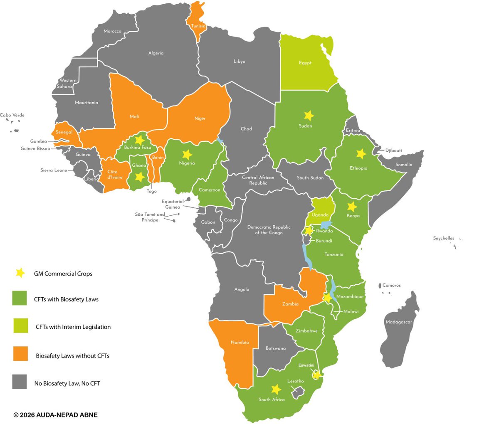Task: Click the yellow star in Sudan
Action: [x=309, y=115]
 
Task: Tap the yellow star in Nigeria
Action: [x=187, y=154]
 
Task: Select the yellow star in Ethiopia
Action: [x=361, y=154]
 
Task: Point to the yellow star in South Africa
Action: [x=276, y=389]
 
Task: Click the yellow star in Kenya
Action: [x=352, y=207]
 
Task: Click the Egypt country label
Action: [x=305, y=63]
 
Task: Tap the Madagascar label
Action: [x=399, y=322]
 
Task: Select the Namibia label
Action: [x=240, y=342]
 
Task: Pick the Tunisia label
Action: [x=198, y=26]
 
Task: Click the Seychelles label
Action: [x=444, y=238]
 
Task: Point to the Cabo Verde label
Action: [x=12, y=115]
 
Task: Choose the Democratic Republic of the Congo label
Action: [x=269, y=230]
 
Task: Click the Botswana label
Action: [x=276, y=348]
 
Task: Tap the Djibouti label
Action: [x=393, y=150]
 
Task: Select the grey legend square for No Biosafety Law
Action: [x=20, y=381]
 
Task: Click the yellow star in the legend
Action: [x=20, y=273]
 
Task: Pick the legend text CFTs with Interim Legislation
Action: [x=73, y=327]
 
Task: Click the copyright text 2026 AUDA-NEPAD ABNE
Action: [x=56, y=415]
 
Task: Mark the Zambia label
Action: [x=290, y=304]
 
